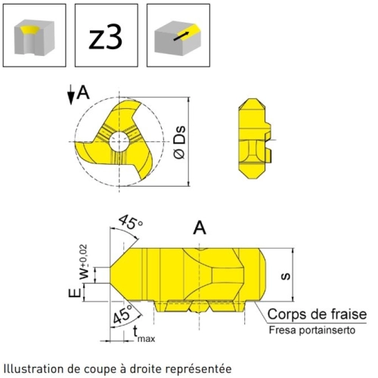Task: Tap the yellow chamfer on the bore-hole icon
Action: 29,29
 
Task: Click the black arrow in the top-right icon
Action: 181,36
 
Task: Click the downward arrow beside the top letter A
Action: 71,94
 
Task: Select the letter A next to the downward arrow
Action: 83,92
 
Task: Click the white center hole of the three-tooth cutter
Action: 119,141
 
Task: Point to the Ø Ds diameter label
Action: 180,142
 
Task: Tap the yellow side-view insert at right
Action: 255,138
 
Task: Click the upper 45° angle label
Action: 131,222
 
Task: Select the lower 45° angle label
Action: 122,314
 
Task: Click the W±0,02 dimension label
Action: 84,262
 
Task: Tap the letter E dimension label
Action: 75,293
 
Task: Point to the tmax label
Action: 144,334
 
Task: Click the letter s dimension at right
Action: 286,277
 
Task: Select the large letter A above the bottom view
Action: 200,228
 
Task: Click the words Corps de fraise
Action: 317,314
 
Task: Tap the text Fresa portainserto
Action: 312,330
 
